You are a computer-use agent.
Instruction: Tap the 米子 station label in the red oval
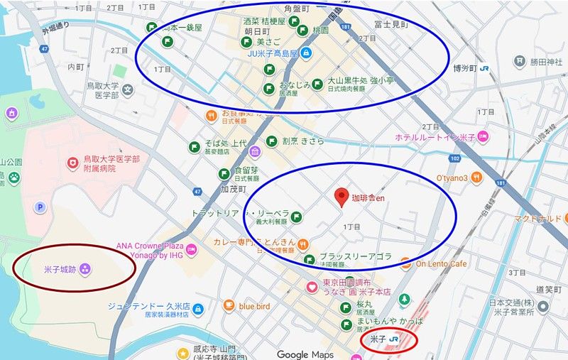377,341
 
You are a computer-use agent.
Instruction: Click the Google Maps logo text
305,354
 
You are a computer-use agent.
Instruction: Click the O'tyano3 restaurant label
452,178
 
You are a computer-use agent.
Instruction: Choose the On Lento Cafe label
442,263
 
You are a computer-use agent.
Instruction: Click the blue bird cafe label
254,305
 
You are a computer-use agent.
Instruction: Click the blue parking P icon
40,207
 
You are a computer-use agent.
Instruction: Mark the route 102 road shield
454,158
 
